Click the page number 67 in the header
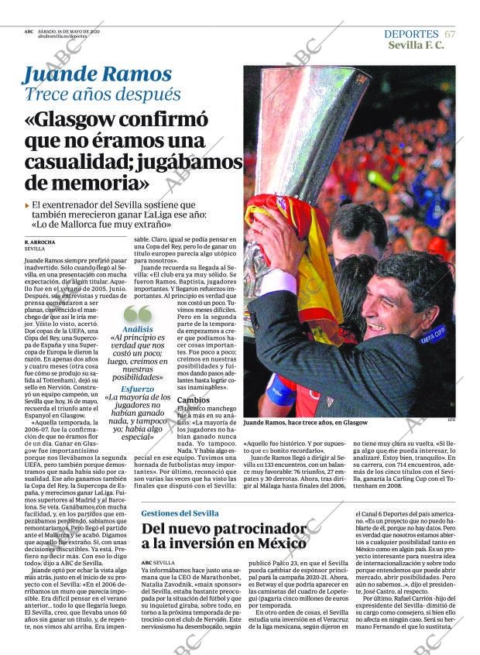(x=451, y=34)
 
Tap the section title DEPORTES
(x=411, y=34)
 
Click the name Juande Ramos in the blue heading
(x=97, y=74)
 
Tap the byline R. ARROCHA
(x=39, y=242)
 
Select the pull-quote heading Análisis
(x=137, y=328)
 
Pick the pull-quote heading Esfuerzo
(x=137, y=389)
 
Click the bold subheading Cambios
(x=193, y=400)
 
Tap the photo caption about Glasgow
(x=305, y=423)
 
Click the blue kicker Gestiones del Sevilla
(x=180, y=513)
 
